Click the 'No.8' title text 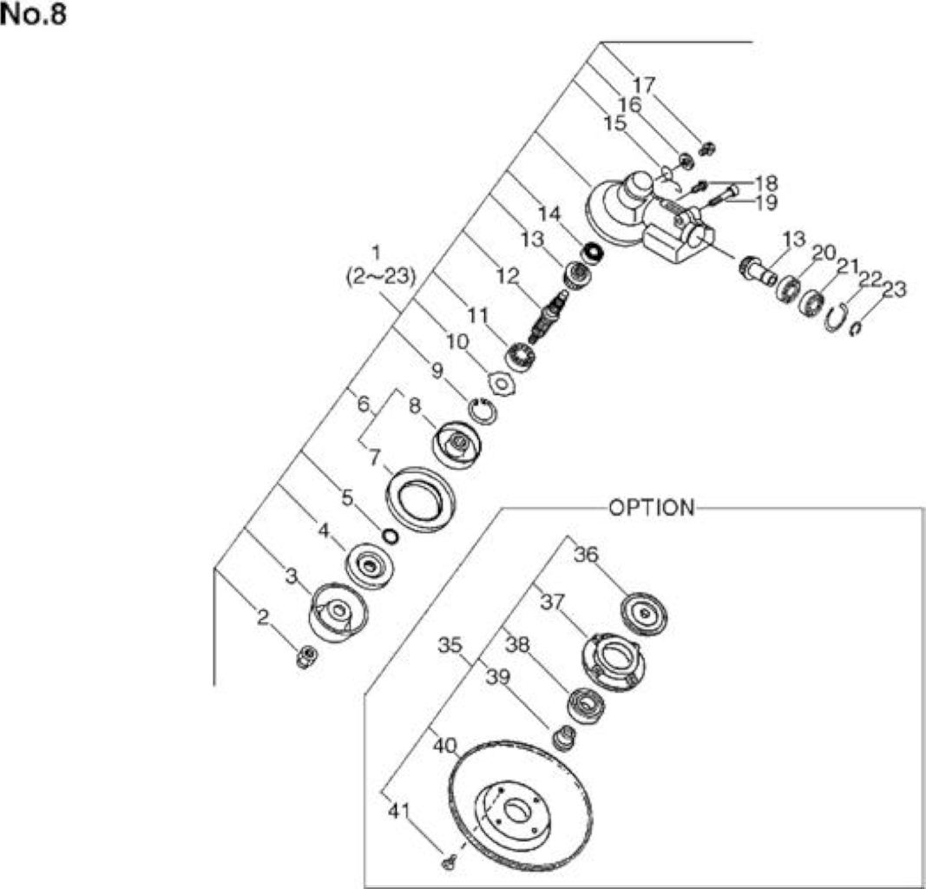tap(34, 14)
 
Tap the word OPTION tap(652, 507)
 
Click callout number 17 tap(644, 86)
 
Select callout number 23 tap(894, 290)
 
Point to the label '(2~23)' tap(381, 276)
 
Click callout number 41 tap(398, 812)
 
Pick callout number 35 tap(450, 645)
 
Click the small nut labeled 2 tap(305, 656)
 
